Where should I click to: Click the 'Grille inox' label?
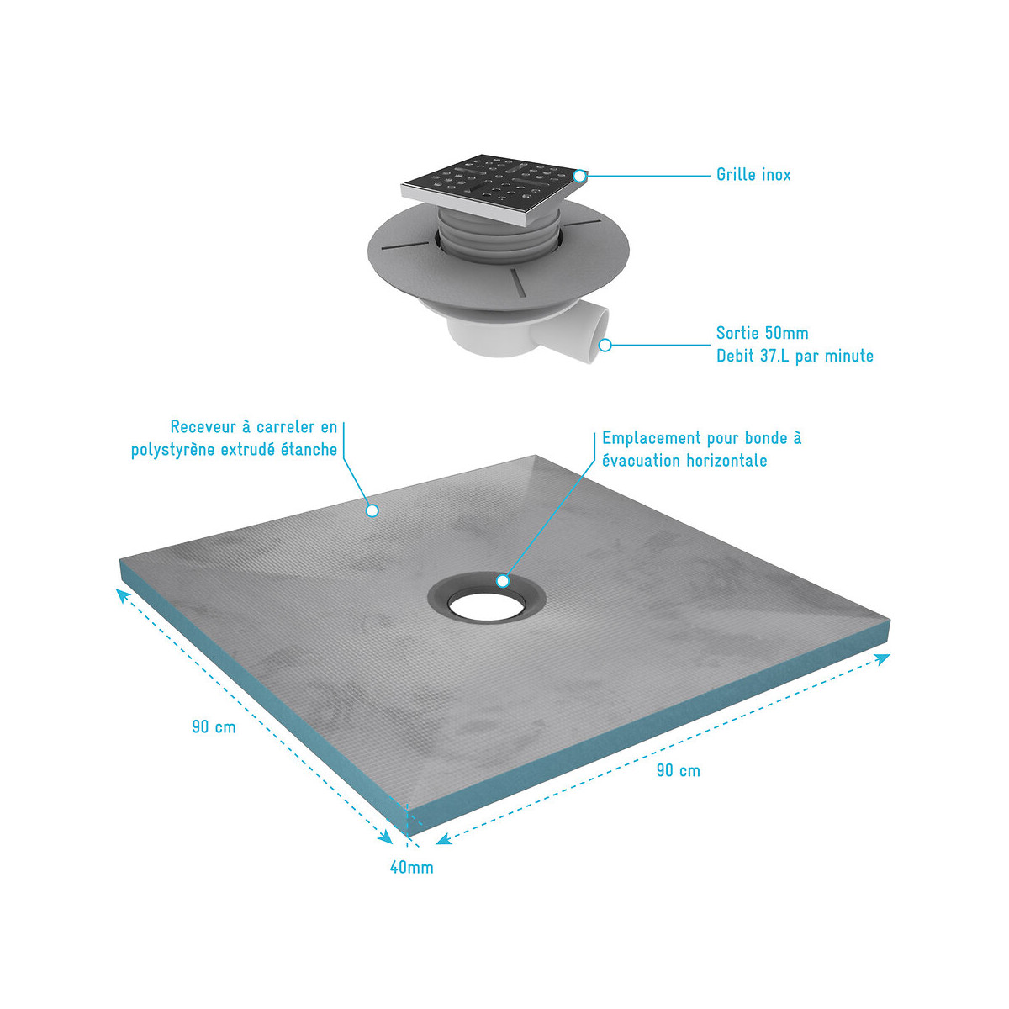[x=753, y=174]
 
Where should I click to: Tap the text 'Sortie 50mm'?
[x=762, y=333]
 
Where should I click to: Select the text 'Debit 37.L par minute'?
[x=795, y=356]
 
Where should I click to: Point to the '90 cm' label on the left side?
[x=214, y=726]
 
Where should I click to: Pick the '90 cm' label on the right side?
[x=678, y=770]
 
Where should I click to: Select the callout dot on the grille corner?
[x=579, y=176]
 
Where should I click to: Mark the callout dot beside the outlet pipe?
[x=605, y=345]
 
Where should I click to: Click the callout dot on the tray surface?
[x=372, y=510]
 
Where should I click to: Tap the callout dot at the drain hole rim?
[x=503, y=581]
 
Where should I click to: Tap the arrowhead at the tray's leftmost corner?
[x=123, y=594]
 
